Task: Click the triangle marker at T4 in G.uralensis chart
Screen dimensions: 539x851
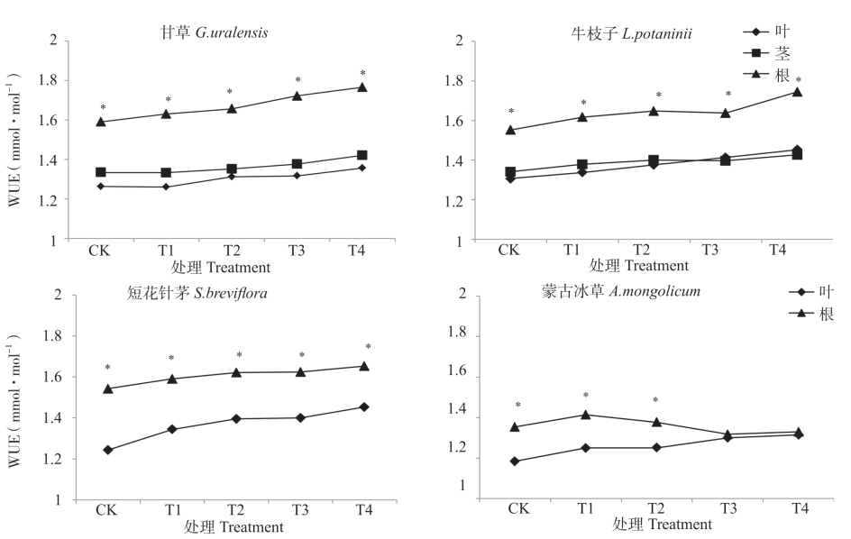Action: [x=362, y=87]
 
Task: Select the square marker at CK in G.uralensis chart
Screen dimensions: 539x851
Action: [x=101, y=172]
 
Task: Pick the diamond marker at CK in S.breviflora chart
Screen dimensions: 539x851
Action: [x=108, y=450]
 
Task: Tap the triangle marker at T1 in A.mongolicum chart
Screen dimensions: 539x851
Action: [x=585, y=415]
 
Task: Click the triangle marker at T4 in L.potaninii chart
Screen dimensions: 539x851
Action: [x=797, y=92]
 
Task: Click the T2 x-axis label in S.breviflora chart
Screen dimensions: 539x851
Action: [x=237, y=510]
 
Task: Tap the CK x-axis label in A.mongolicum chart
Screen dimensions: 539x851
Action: [x=518, y=508]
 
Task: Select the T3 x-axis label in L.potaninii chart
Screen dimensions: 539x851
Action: [x=709, y=250]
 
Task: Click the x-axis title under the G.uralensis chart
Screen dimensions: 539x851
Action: [x=221, y=267]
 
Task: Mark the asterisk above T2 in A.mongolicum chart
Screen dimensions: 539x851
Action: [x=655, y=400]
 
